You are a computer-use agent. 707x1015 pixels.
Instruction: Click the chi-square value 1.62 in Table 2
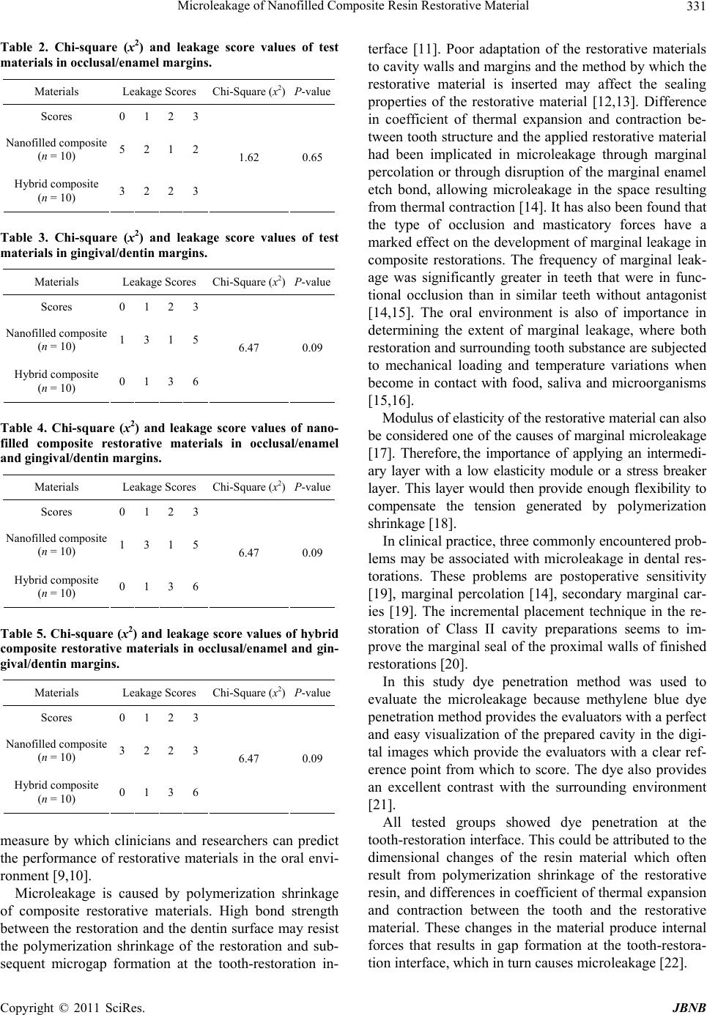click(249, 157)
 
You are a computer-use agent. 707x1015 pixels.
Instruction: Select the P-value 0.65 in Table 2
click(312, 157)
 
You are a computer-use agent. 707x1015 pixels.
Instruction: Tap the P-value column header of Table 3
click(312, 282)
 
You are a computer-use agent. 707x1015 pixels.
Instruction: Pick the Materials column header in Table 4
click(56, 487)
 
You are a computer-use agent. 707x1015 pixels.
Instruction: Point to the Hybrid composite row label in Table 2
click(56, 190)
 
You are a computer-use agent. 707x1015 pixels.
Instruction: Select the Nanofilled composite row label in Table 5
click(56, 750)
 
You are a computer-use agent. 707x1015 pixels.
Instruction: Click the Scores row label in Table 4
click(56, 512)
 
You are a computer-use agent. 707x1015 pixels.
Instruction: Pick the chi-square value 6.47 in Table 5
click(249, 759)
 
